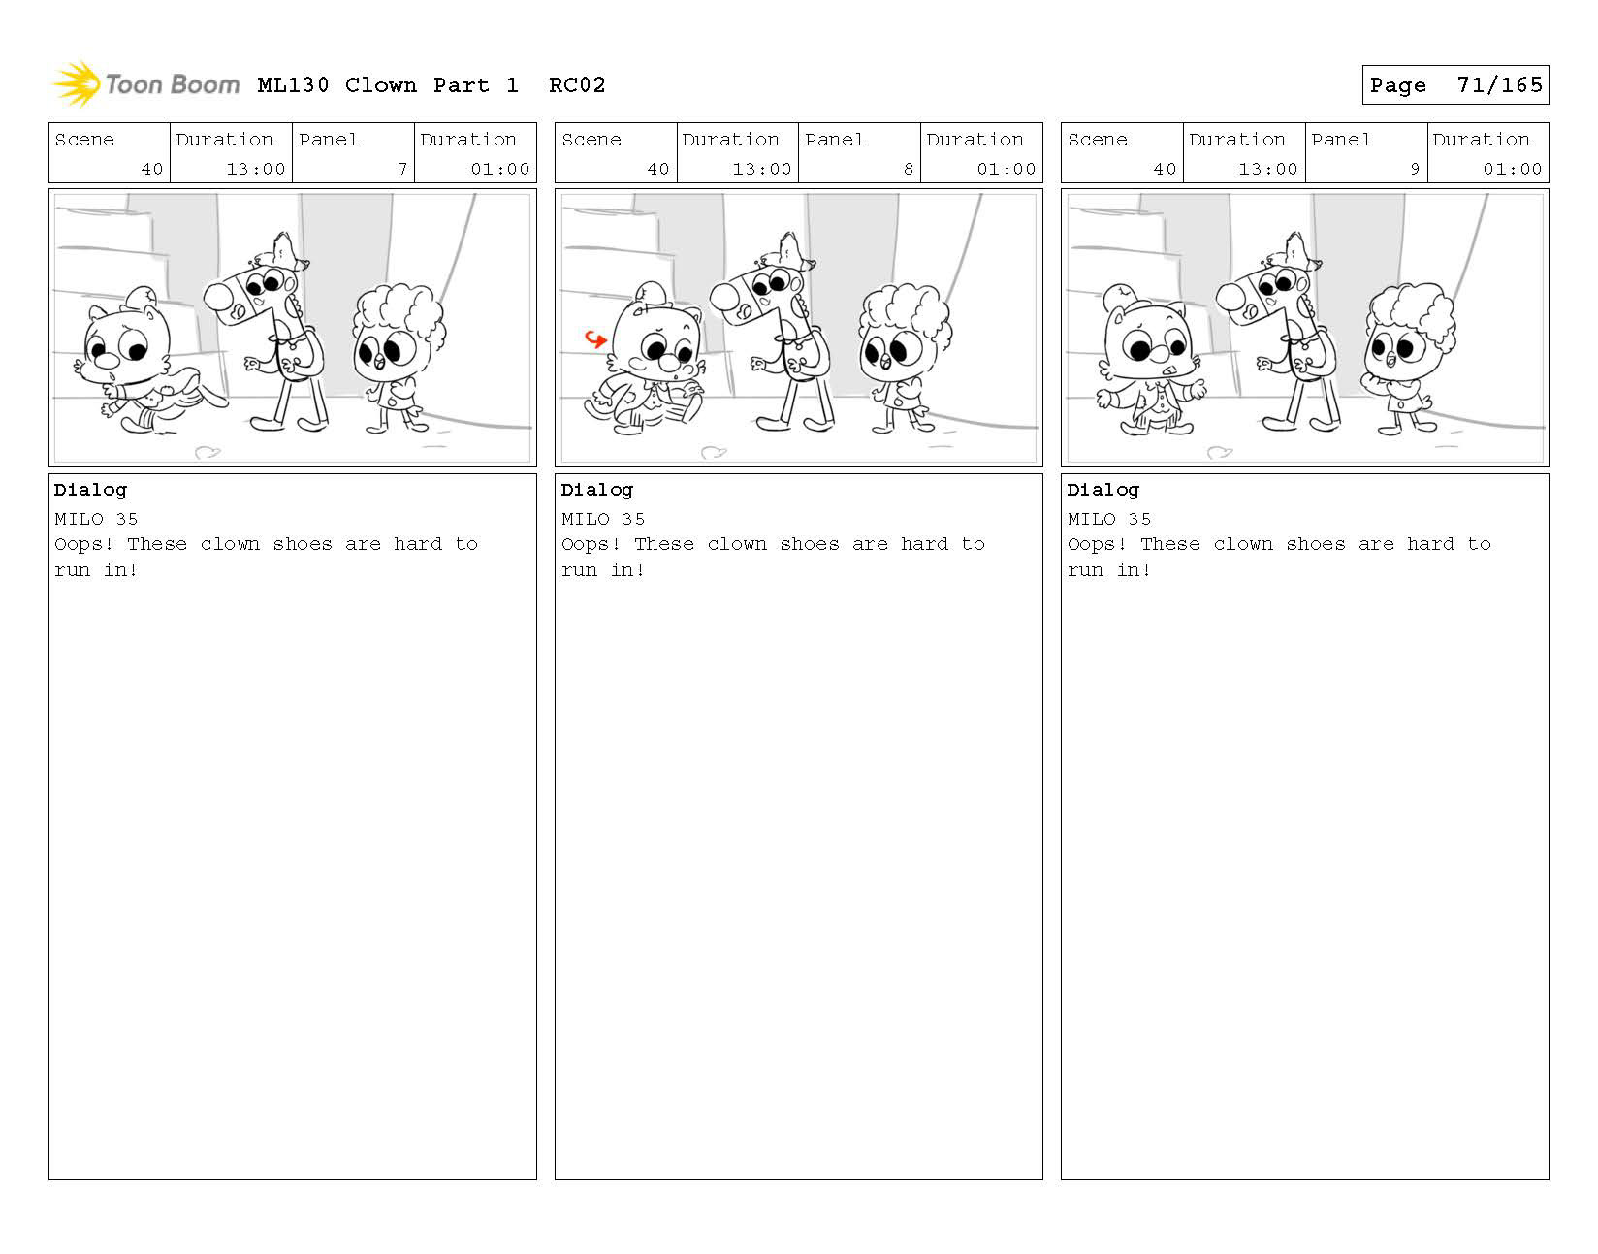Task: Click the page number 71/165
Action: (x=1499, y=85)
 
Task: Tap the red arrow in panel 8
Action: (x=595, y=338)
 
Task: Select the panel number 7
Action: (x=402, y=169)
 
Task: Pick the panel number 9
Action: (x=1414, y=169)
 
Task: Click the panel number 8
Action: (x=909, y=169)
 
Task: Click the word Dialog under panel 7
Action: (x=90, y=491)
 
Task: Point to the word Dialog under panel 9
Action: (x=1103, y=491)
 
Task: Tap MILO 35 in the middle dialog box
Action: (x=603, y=519)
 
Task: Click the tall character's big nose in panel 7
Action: (x=217, y=297)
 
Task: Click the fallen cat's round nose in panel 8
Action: (x=668, y=363)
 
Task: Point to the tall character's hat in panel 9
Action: (x=1294, y=251)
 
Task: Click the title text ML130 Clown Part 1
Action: (x=388, y=85)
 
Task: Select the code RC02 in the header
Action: (x=577, y=85)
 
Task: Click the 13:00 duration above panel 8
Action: (x=762, y=169)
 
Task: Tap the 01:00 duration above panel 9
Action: (x=1512, y=169)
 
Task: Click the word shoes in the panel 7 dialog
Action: (x=303, y=544)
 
